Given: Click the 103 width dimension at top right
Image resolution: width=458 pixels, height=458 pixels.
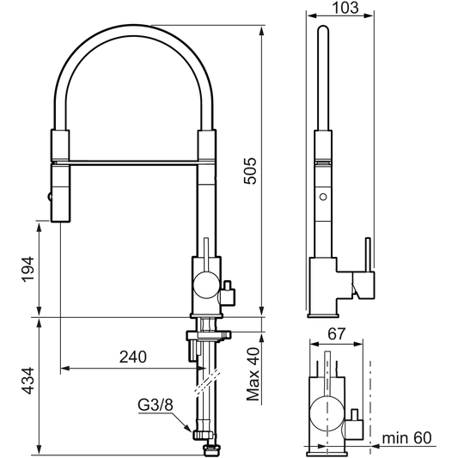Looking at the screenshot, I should pos(343,8).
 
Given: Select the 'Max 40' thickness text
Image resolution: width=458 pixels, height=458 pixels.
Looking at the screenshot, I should pos(251,375).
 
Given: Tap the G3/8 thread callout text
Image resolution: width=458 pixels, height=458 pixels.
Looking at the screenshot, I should pos(156,404).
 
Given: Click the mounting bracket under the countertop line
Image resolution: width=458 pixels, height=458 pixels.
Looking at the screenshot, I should pos(207,335).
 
